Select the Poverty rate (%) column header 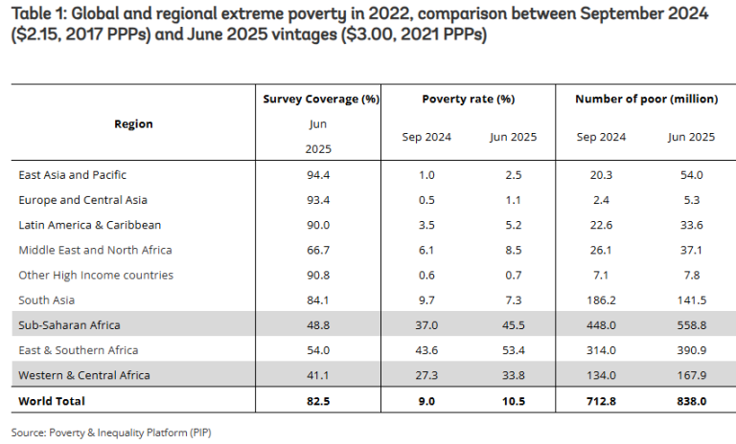(469, 99)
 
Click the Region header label (133, 123)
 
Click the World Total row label (52, 400)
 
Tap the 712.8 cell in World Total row (601, 400)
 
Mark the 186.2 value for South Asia (601, 300)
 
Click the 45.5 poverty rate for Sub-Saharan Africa (513, 324)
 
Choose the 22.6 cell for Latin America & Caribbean (601, 225)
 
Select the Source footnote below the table (111, 432)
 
